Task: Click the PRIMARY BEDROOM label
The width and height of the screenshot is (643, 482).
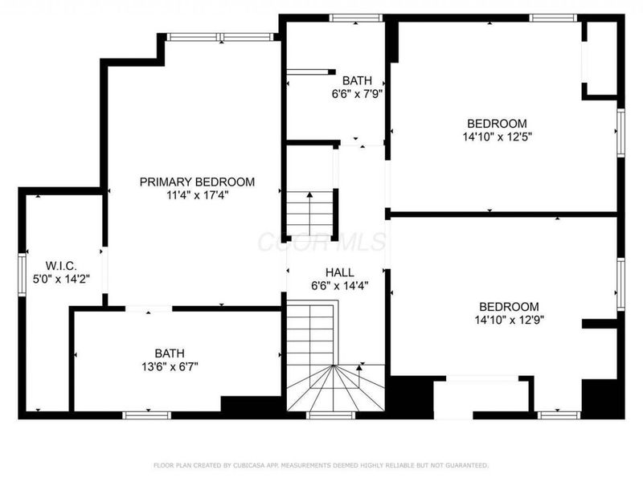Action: pos(197,182)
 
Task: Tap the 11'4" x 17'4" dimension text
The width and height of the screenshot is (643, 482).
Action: pos(197,195)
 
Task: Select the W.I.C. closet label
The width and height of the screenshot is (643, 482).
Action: pos(61,266)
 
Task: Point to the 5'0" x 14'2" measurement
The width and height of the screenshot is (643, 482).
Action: pos(61,280)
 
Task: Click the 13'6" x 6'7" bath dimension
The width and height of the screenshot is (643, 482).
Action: pos(170,366)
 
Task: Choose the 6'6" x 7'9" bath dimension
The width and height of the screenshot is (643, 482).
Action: pos(357,93)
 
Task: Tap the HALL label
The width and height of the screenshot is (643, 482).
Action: pos(339,272)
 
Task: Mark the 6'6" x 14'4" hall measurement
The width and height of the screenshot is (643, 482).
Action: pos(339,286)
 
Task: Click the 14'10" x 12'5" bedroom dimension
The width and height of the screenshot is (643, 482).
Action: pos(498,137)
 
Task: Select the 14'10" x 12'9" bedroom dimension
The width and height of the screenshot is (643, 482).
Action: pos(509,320)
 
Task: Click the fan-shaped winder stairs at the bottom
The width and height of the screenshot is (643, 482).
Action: pos(334,389)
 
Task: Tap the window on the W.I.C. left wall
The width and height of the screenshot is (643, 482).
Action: pos(23,275)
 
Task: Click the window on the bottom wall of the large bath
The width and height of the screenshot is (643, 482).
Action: pos(146,415)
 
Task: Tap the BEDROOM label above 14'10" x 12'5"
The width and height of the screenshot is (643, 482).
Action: pos(498,124)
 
